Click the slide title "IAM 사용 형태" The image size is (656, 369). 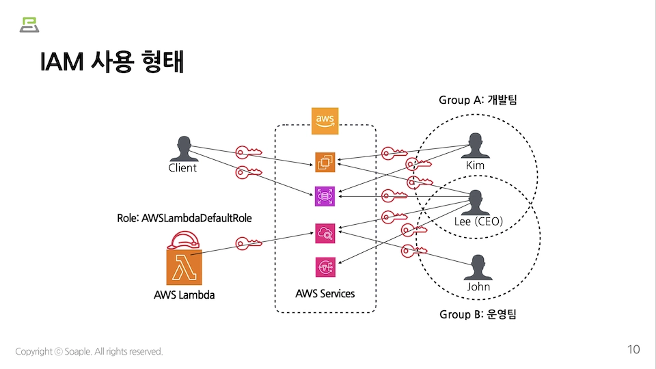(112, 62)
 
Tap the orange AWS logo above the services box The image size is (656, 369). (325, 120)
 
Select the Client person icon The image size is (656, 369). (182, 148)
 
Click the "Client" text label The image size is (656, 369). (182, 168)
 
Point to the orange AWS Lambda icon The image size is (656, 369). (184, 266)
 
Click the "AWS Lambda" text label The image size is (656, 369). (184, 295)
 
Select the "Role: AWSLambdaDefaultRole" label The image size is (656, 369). (184, 219)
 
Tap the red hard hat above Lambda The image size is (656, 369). (184, 239)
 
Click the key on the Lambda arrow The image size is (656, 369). (248, 243)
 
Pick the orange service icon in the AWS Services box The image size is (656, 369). (325, 162)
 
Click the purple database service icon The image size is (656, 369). (325, 196)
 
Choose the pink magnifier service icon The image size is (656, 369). (325, 233)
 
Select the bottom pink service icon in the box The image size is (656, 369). (325, 266)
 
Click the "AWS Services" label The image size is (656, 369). (325, 294)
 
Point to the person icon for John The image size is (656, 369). (478, 267)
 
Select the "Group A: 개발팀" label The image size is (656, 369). (478, 100)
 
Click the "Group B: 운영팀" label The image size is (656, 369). (478, 315)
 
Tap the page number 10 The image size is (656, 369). (633, 350)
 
